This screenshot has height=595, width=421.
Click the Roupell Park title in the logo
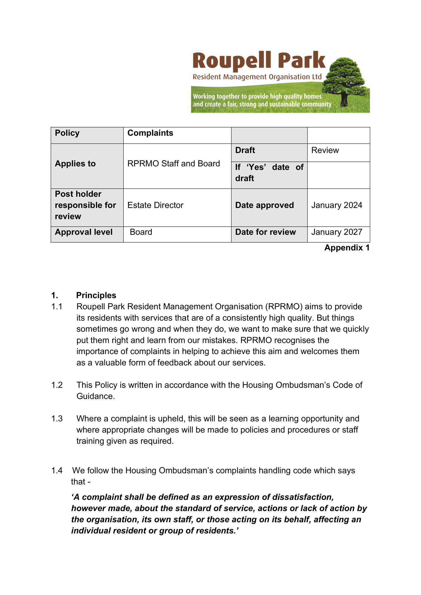coord(259,61)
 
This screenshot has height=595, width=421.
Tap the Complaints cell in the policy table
coord(150,133)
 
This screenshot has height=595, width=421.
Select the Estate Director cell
coord(155,205)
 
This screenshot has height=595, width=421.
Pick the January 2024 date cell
coord(336,205)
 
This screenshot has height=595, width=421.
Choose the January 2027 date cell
coord(336,232)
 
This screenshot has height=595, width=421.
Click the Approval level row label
coord(84,232)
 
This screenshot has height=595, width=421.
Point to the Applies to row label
coord(75,164)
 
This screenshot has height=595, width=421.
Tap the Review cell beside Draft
coord(325,150)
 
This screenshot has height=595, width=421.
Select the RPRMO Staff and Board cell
coord(173,164)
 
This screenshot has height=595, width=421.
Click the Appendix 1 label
coord(347,248)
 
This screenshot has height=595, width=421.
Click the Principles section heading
coord(96,295)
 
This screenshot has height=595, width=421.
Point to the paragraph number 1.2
coord(57,385)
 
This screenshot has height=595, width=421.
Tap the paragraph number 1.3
coord(57,419)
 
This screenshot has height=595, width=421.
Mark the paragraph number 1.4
coord(57,471)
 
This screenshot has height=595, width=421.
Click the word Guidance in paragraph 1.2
coord(95,396)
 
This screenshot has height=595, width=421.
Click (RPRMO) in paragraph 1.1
coord(284,307)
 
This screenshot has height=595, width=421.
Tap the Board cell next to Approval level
coord(141,232)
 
